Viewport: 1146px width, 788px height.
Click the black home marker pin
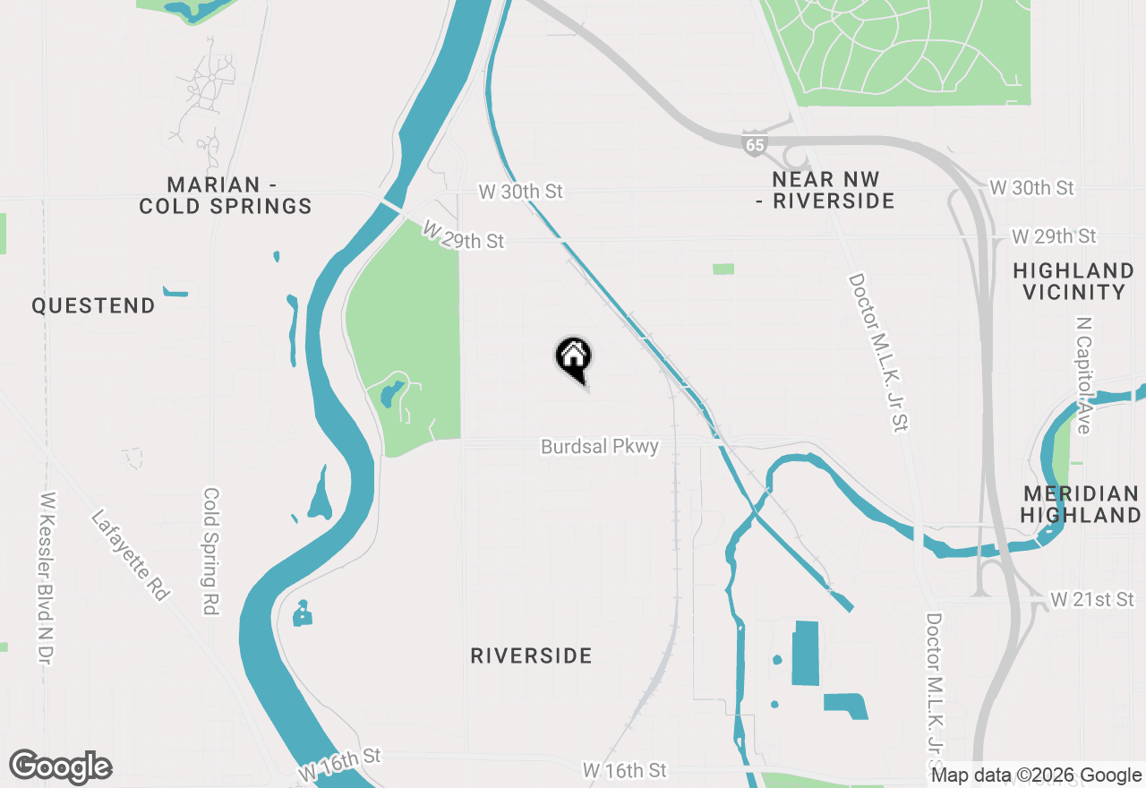(574, 357)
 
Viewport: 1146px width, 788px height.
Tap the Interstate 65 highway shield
(755, 143)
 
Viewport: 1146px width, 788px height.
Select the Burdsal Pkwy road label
(599, 446)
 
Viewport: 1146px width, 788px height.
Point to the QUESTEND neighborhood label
(93, 306)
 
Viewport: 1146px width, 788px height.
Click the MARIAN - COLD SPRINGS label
(225, 195)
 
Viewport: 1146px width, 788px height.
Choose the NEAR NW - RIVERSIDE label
(825, 190)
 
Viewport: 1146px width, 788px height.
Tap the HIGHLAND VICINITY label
(1073, 281)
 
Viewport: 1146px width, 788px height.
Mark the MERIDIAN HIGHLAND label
(1081, 504)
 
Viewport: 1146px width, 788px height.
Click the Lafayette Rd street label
(131, 555)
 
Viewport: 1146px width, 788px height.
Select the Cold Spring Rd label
(211, 551)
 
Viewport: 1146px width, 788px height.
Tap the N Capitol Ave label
(1084, 374)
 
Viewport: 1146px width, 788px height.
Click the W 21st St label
(1091, 599)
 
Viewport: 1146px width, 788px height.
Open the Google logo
(60, 767)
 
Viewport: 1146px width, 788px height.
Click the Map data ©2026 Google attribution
(1036, 775)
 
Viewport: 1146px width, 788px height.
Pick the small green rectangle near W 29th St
(723, 269)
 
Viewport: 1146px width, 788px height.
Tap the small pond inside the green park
(391, 394)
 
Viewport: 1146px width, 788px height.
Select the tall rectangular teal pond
(806, 653)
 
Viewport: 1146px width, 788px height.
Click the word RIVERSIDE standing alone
(531, 656)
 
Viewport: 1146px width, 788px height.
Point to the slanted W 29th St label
(463, 236)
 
